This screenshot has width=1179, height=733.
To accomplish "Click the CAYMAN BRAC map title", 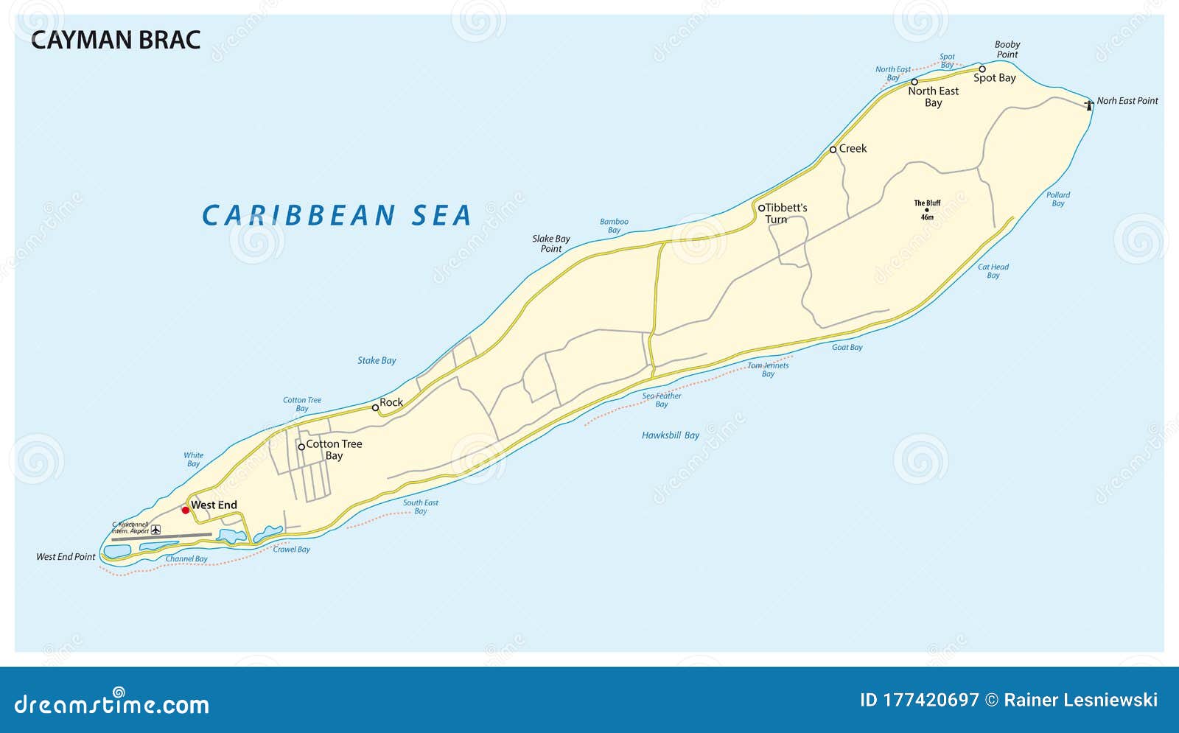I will pyautogui.click(x=116, y=40).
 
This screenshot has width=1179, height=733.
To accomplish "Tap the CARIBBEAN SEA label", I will pyautogui.click(x=337, y=215).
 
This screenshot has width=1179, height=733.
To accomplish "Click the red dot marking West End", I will pyautogui.click(x=185, y=510).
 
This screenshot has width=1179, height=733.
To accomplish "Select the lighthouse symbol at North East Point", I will pyautogui.click(x=1089, y=105).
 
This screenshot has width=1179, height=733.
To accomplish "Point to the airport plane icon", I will pyautogui.click(x=155, y=530).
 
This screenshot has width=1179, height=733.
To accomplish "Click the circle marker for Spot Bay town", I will pyautogui.click(x=982, y=69).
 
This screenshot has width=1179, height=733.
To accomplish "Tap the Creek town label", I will pyautogui.click(x=853, y=149).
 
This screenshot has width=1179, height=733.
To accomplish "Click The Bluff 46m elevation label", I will pyautogui.click(x=927, y=210).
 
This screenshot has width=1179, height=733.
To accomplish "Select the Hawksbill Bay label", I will pyautogui.click(x=671, y=435).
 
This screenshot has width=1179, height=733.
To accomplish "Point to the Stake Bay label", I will pyautogui.click(x=377, y=360).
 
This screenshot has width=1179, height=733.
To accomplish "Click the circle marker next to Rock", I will pyautogui.click(x=375, y=407).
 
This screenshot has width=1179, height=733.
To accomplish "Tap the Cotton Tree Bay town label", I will pyautogui.click(x=334, y=449).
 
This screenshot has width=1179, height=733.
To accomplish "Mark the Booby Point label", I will pyautogui.click(x=1007, y=49).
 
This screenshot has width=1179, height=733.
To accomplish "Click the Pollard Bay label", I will pyautogui.click(x=1058, y=199).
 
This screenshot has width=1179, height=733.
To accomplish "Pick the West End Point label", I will pyautogui.click(x=66, y=557).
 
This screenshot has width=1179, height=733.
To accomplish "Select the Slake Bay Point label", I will pyautogui.click(x=551, y=244).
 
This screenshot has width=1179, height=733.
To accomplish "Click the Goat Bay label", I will pyautogui.click(x=847, y=347).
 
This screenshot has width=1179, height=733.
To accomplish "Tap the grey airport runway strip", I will pyautogui.click(x=161, y=537).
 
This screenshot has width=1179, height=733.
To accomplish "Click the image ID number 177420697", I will pyautogui.click(x=919, y=700).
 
